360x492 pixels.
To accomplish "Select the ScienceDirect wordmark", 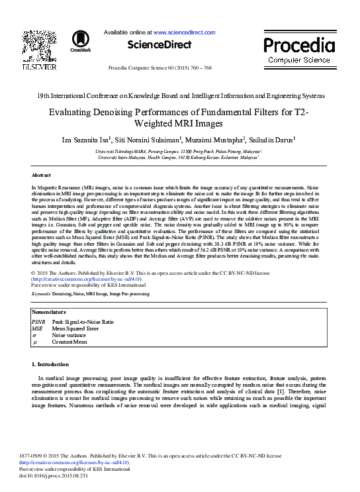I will (x=158, y=44).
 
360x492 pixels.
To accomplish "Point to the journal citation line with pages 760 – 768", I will (x=169, y=68).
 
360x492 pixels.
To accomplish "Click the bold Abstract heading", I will (x=41, y=175).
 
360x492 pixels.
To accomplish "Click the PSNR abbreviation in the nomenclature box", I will (x=38, y=321).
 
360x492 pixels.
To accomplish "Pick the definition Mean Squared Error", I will (x=75, y=328).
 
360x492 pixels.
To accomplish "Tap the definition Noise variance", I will (x=69, y=335).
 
